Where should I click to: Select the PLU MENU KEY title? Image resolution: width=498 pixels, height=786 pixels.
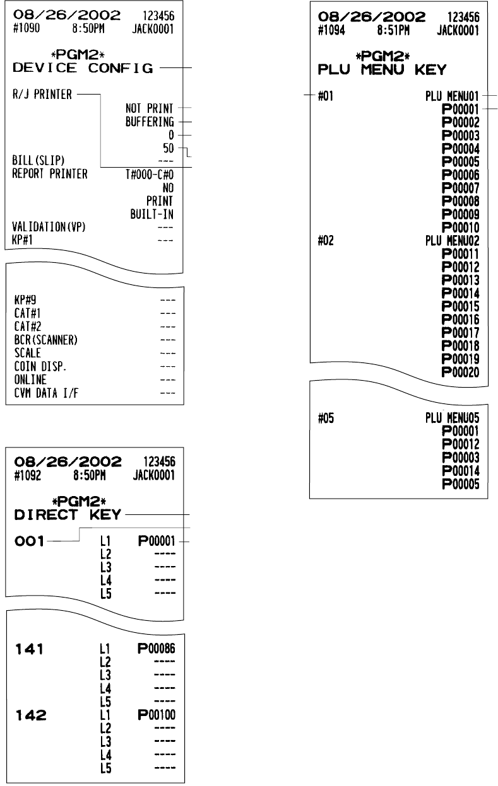[384, 69]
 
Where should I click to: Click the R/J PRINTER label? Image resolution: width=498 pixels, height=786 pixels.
[42, 95]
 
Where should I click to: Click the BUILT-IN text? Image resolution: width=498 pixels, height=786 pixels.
[153, 214]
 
